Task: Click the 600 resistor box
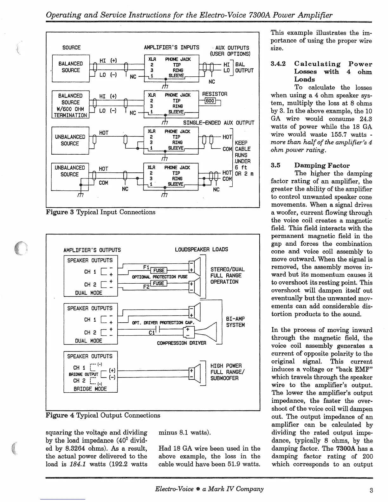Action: [210, 101]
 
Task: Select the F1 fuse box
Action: [159, 270]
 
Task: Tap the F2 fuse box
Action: [159, 283]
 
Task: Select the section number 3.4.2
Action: [278, 64]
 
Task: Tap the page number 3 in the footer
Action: [371, 490]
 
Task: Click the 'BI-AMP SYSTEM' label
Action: [235, 322]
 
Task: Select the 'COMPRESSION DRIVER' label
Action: [182, 343]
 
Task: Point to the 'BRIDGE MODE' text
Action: [90, 389]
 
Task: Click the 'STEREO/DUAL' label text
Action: [227, 270]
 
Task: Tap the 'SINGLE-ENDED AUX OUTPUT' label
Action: [219, 123]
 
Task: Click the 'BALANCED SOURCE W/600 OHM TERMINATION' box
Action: [70, 105]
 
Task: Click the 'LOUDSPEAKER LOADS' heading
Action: [201, 249]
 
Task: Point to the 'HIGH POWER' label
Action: [226, 366]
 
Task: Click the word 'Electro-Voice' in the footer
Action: [174, 489]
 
